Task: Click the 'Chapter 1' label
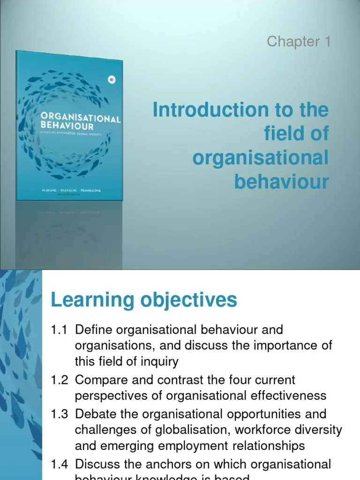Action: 299,42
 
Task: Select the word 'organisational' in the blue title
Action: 260,158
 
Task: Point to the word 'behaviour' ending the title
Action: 281,181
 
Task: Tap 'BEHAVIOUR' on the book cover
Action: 67,126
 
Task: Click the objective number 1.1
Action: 60,330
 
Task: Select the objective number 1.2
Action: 60,380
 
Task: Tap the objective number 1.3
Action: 60,414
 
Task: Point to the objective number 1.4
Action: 60,465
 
